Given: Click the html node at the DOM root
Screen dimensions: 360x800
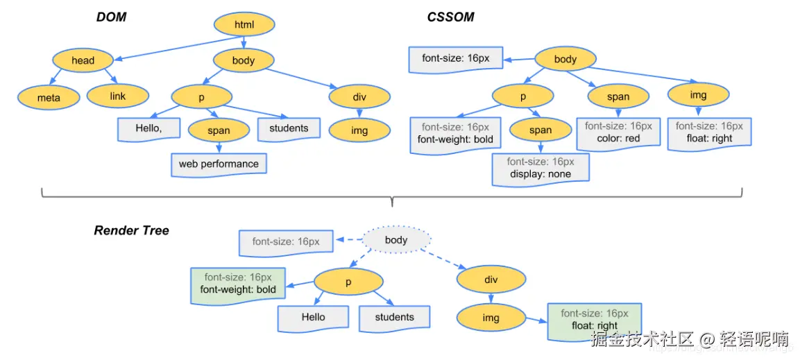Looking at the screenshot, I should (244, 26).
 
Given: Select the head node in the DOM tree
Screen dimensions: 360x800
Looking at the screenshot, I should (83, 60).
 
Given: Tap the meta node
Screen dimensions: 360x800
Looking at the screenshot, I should (49, 98).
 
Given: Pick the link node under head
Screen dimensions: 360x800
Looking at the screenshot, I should (118, 96).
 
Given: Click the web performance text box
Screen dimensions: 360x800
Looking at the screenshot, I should (219, 164).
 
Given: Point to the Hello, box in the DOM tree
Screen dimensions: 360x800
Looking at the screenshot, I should (148, 129).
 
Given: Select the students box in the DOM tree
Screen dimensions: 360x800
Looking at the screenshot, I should (289, 128).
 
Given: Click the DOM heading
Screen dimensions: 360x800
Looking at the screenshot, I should (111, 17).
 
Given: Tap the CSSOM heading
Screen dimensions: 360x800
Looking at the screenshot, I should (450, 17).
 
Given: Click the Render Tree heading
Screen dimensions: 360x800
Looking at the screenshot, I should (131, 230).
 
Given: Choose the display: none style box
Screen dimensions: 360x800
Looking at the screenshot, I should (541, 169).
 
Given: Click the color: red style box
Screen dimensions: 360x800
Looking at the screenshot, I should (618, 132).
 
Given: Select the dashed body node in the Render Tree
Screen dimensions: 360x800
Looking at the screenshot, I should (396, 240).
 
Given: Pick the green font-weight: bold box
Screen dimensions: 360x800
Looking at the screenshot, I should (238, 284).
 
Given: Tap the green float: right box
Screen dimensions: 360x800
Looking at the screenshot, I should (595, 320).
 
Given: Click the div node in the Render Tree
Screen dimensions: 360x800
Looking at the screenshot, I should (492, 280).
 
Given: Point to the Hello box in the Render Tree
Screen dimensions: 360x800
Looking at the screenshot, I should (313, 318).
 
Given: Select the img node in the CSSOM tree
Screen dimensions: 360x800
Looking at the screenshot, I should (698, 95).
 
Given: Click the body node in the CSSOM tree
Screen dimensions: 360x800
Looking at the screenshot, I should (565, 59).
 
